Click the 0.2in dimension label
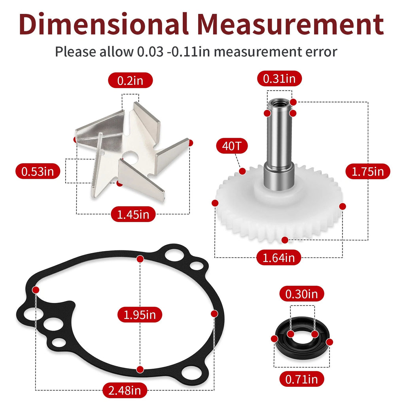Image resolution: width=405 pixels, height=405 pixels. point(131,80)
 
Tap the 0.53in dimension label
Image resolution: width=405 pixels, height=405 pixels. point(38,171)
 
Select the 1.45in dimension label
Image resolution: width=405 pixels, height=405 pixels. point(133,214)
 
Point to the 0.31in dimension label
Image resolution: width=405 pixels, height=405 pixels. point(280,79)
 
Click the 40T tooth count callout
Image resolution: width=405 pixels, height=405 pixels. point(232,146)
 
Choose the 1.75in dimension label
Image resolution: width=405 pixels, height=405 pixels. point(368,171)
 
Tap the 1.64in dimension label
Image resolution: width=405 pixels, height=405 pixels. point(279,257)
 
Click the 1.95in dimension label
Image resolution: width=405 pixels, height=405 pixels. point(140,314)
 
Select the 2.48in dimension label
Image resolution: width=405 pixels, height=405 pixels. point(125,390)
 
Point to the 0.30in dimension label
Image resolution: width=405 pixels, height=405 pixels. point(301,294)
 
